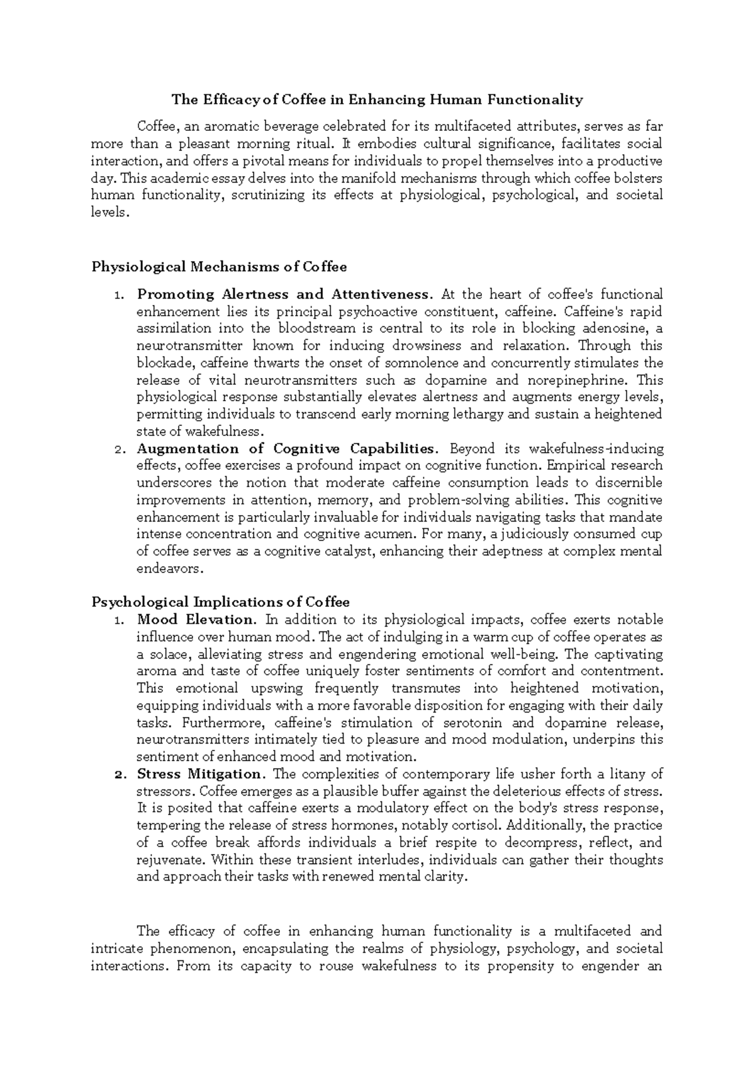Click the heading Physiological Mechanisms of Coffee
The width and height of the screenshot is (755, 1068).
pos(219,267)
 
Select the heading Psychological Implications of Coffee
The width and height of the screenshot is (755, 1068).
pos(220,602)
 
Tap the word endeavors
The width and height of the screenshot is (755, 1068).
pos(169,569)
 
